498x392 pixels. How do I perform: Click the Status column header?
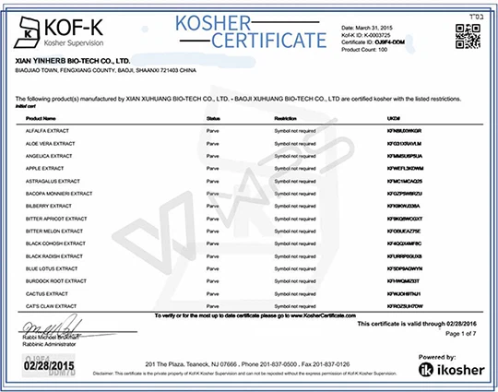213,119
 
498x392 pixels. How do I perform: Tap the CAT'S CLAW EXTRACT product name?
50,303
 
